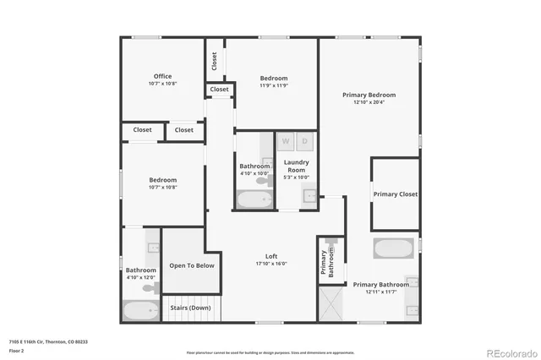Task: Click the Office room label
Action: [x=162, y=76]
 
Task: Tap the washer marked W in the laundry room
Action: [x=286, y=140]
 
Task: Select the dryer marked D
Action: [x=305, y=140]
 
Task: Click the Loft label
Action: [x=271, y=256]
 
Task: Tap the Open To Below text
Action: [x=192, y=265]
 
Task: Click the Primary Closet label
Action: [x=396, y=194]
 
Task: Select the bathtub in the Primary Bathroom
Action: [x=392, y=249]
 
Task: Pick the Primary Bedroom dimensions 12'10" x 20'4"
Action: [x=369, y=103]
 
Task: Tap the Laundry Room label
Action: [x=296, y=165]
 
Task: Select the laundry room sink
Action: [x=309, y=197]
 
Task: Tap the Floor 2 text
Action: [x=15, y=350]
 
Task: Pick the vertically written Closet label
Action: [x=214, y=61]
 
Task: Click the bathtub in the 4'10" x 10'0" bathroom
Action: [x=254, y=199]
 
